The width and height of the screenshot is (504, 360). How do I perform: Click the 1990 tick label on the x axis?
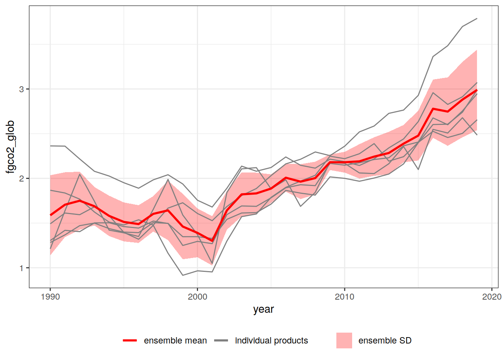click(50, 297)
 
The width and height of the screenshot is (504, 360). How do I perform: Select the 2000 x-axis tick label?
click(197, 297)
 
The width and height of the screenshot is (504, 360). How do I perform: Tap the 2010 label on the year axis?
click(345, 297)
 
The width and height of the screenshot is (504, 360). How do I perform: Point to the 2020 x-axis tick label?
click(492, 297)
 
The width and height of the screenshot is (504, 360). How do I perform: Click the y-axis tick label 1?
click(21, 268)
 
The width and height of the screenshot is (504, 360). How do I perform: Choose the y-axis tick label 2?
click(21, 178)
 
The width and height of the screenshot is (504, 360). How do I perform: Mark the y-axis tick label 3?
click(21, 89)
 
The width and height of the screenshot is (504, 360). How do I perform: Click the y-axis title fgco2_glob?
click(10, 147)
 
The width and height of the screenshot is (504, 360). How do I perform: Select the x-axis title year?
click(263, 309)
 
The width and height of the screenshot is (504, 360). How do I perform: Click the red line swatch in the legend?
click(130, 340)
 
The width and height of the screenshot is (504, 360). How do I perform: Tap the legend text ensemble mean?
click(175, 340)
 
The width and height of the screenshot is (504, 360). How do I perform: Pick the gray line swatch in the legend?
click(221, 340)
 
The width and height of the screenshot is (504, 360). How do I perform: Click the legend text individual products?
click(271, 340)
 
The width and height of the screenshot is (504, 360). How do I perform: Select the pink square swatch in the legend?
click(344, 340)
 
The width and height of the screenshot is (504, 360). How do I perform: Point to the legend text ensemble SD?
click(385, 340)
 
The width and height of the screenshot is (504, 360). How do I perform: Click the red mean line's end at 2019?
click(477, 90)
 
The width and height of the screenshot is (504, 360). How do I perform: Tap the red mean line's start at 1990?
click(50, 215)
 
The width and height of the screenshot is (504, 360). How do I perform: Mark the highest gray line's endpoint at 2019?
click(477, 18)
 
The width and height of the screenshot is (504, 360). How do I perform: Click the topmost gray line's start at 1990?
click(50, 146)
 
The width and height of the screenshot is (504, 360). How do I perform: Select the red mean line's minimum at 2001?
click(212, 241)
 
